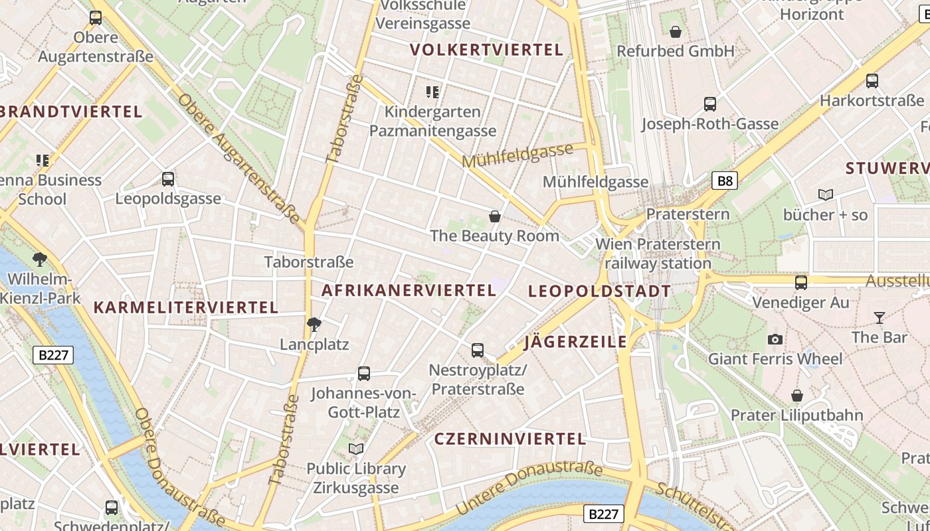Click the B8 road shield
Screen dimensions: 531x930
pyautogui.click(x=725, y=181)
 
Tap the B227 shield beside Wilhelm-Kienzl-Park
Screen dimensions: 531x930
pyautogui.click(x=53, y=355)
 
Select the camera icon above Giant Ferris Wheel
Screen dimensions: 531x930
pyautogui.click(x=775, y=340)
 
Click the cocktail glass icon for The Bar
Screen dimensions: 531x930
pyautogui.click(x=880, y=318)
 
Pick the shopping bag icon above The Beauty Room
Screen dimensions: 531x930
pyautogui.click(x=494, y=216)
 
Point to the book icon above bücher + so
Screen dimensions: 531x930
pyautogui.click(x=825, y=195)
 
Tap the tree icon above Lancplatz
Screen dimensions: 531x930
pyautogui.click(x=314, y=325)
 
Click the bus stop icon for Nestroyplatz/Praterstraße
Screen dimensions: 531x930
pyautogui.click(x=477, y=350)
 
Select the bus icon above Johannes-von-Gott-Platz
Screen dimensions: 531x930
pyautogui.click(x=363, y=374)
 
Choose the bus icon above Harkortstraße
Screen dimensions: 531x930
pyautogui.click(x=872, y=81)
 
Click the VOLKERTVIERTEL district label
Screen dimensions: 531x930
pyautogui.click(x=486, y=50)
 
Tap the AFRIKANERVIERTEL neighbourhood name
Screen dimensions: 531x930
pyautogui.click(x=409, y=290)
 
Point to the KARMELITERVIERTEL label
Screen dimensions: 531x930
pyautogui.click(x=185, y=307)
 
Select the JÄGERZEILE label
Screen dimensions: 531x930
pyautogui.click(x=575, y=342)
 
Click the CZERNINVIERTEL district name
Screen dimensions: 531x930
pyautogui.click(x=510, y=439)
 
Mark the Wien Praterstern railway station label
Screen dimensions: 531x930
pyautogui.click(x=658, y=254)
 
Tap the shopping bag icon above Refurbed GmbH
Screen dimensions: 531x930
pyautogui.click(x=675, y=32)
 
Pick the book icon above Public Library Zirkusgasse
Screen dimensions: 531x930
pyautogui.click(x=356, y=449)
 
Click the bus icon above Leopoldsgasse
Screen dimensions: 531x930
pyautogui.click(x=167, y=179)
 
